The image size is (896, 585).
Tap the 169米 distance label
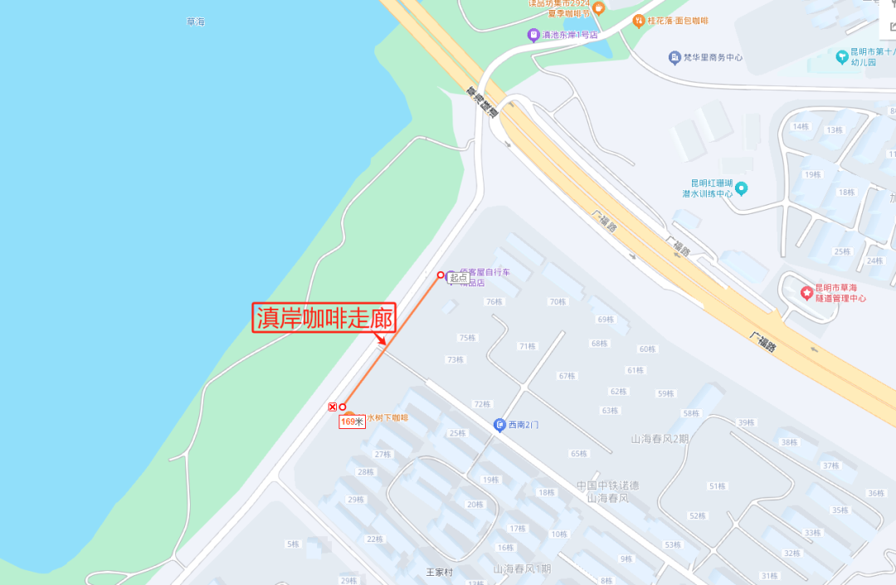(x=352, y=422)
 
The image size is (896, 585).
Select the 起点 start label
(x=459, y=278)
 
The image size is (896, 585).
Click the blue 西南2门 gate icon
(x=499, y=425)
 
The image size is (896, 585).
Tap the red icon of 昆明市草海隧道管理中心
(x=806, y=293)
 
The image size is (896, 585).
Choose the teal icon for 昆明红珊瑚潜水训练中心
(x=742, y=188)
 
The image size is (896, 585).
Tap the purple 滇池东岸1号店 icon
(x=533, y=35)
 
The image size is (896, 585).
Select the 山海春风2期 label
(x=660, y=439)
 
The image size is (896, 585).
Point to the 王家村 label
(x=440, y=572)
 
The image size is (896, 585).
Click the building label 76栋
(x=494, y=302)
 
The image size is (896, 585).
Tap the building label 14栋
(x=801, y=126)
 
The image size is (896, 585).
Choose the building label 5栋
(x=293, y=544)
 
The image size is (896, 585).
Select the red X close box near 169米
(x=333, y=407)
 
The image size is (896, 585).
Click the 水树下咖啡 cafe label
(x=387, y=417)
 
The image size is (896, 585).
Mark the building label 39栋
(x=746, y=423)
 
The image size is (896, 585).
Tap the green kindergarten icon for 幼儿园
(x=843, y=56)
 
